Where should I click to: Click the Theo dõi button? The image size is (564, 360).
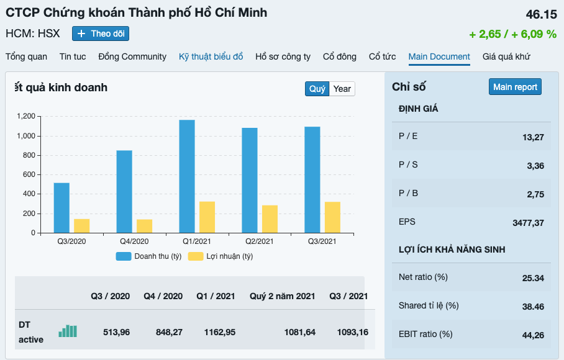tap(101, 34)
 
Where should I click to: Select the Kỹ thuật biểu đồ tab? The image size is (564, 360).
tap(211, 56)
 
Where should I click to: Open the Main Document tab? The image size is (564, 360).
tap(439, 56)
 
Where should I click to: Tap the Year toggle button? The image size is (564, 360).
tap(342, 89)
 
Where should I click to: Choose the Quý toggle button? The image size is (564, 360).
tap(317, 89)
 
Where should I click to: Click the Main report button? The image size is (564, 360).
tap(515, 87)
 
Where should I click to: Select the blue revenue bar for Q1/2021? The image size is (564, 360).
tap(187, 177)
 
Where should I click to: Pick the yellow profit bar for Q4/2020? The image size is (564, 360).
tap(144, 226)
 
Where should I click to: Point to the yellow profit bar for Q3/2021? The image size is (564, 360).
tap(332, 217)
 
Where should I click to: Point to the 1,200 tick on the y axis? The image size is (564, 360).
tap(25, 116)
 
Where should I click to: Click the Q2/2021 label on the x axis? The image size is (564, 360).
tap(260, 241)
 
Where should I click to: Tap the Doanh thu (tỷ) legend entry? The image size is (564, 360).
tap(149, 256)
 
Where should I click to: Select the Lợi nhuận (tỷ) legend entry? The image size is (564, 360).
tap(221, 256)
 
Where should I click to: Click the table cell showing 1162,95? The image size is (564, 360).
tap(220, 332)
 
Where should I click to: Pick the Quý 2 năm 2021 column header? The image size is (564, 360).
tap(282, 296)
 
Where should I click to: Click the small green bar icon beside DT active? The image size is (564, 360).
tap(68, 331)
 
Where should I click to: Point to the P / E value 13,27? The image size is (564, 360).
tap(533, 137)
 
